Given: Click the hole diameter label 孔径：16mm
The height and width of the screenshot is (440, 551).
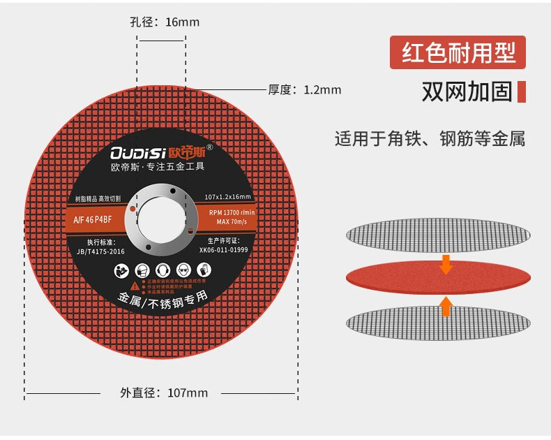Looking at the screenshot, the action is [x=165, y=22].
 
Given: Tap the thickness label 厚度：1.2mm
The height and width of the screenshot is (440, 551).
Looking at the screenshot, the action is [x=305, y=89].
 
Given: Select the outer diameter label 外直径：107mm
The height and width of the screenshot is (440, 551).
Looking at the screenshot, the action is [x=164, y=393].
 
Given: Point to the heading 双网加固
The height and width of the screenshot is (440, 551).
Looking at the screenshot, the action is [x=467, y=91].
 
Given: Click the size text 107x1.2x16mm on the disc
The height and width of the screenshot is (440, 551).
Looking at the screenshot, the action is [x=228, y=198].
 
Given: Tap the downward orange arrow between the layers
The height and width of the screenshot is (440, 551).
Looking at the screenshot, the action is [x=446, y=265].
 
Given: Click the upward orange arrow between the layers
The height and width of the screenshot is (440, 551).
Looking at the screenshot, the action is [x=446, y=305].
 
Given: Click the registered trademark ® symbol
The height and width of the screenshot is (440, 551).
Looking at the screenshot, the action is [x=219, y=147].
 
